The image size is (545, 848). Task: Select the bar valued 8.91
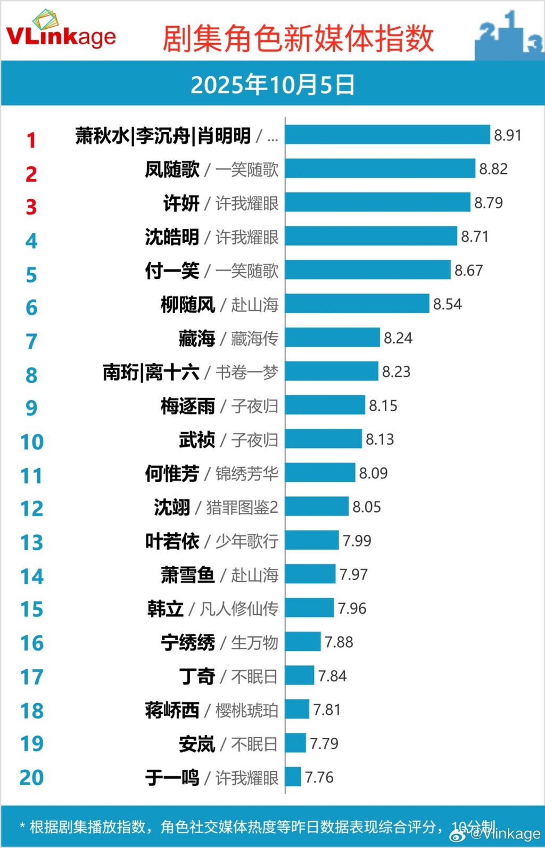pos(387,135)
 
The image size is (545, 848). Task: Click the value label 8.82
pos(493,169)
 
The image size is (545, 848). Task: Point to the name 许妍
pos(181,203)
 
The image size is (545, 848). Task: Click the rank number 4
pos(31,241)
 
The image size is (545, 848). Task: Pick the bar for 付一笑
pos(367,270)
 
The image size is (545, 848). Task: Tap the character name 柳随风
pos(188,305)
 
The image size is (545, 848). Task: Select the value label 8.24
pos(398,338)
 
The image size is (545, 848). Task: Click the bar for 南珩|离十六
pos(331,372)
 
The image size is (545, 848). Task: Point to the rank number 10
pos(31,442)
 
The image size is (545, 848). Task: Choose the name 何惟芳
pos(172,474)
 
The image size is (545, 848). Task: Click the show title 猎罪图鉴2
pos(242,507)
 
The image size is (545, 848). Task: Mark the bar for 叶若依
pos(311,540)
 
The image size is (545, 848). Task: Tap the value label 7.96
pos(352,608)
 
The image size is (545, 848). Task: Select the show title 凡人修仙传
pos(239,608)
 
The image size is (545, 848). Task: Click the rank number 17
pos(31,677)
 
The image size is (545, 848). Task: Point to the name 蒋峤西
pos(172,710)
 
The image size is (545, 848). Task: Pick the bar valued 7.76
pos(293,777)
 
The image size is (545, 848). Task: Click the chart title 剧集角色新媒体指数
pos(298,38)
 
